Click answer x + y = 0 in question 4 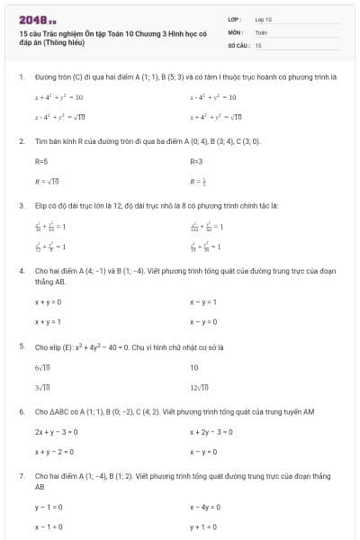[x=48, y=302]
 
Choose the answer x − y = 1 [x=203, y=302]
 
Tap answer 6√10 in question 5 [x=42, y=368]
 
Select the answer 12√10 [x=199, y=387]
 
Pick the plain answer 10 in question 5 [x=194, y=368]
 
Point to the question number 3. [x=21, y=205]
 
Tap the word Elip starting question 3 [x=41, y=205]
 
